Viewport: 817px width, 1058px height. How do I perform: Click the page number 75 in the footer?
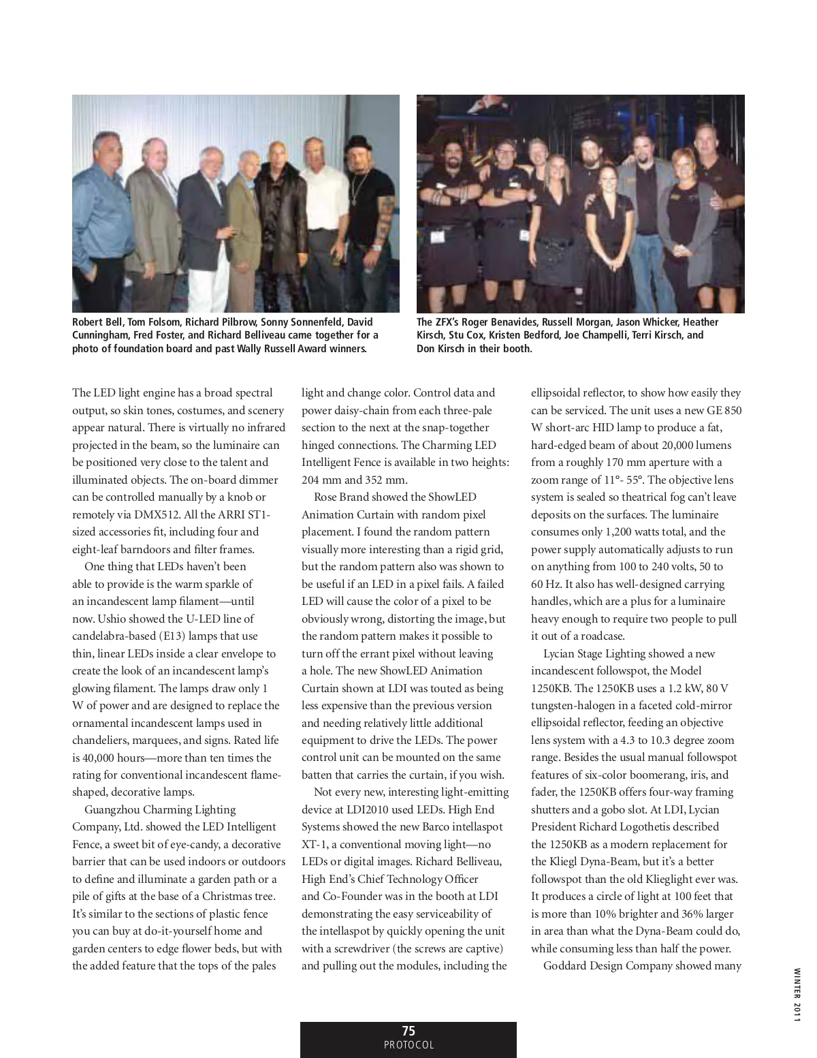[x=408, y=1031]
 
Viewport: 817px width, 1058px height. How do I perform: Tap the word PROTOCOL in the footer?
[x=408, y=1045]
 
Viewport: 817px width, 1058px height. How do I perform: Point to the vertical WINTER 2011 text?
[x=796, y=994]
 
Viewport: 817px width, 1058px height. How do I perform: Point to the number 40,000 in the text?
[x=102, y=758]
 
